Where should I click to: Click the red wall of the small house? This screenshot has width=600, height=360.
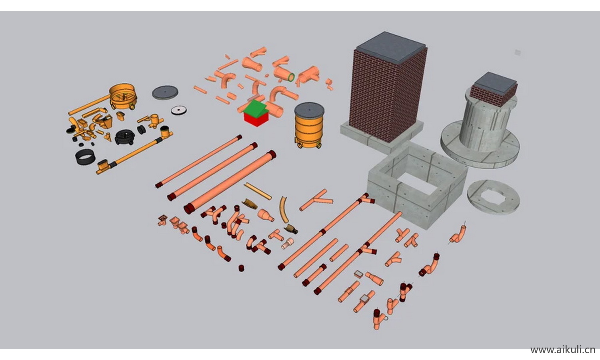[256, 119]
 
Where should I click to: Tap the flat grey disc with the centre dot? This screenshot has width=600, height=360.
[165, 92]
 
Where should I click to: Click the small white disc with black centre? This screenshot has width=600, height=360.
[179, 110]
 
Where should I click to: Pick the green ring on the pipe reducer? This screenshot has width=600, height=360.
[291, 78]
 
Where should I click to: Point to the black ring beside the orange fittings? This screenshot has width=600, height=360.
[85, 157]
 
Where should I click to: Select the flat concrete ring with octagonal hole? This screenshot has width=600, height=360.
[493, 197]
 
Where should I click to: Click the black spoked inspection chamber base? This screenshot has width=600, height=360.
[125, 137]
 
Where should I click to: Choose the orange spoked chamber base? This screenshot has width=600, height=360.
[123, 96]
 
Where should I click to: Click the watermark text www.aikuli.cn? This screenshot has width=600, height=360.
[562, 350]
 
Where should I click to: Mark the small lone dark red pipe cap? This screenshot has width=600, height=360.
[241, 268]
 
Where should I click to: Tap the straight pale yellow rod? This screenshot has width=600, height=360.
[258, 191]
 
